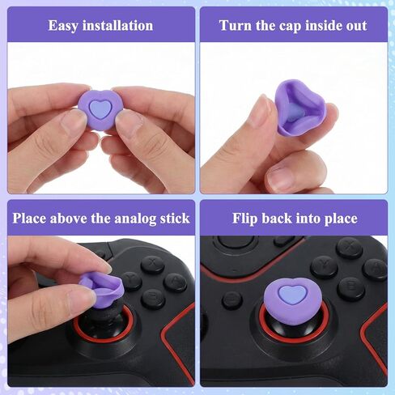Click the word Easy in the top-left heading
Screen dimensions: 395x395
66,25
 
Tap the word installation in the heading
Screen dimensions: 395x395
118,25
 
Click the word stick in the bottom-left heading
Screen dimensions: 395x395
173,218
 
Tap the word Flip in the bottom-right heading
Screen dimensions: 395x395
248,218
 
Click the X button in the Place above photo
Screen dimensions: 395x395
151,264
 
